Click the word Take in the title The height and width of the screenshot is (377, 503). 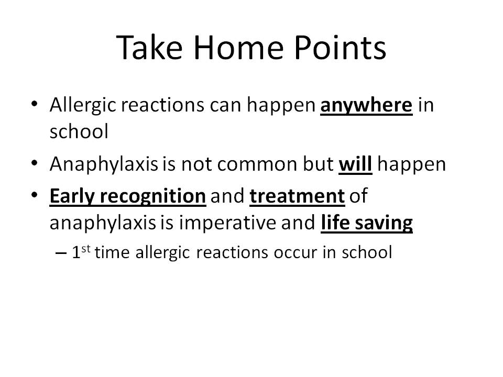(x=149, y=48)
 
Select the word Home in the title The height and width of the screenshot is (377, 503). (x=239, y=48)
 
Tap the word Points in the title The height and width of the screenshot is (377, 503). (x=340, y=48)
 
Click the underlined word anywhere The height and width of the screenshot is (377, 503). (x=366, y=106)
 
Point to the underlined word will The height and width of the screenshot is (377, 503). (x=355, y=164)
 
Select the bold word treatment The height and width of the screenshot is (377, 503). (x=297, y=196)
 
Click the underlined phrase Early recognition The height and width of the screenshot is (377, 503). (x=128, y=196)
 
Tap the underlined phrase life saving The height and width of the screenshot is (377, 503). (x=367, y=224)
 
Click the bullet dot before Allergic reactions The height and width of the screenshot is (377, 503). (x=35, y=104)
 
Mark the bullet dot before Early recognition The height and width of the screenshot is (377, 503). (x=35, y=195)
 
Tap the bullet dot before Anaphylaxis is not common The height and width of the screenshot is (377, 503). (x=35, y=163)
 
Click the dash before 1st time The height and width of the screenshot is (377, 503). (x=61, y=253)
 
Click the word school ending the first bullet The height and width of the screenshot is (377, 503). (x=79, y=132)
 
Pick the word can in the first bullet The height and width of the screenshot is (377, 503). (x=225, y=106)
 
